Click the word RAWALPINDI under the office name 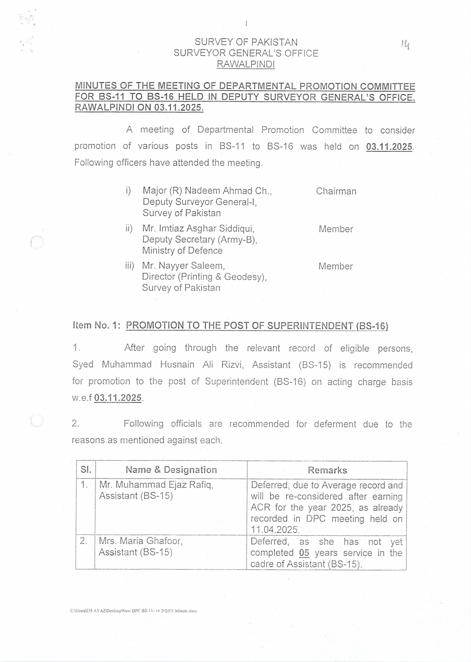tap(246, 64)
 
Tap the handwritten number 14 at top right tap(405, 45)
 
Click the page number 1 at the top tap(246, 24)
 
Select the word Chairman tap(336, 191)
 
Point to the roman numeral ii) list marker tap(129, 228)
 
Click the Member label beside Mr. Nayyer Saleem tap(335, 266)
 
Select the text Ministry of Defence tap(182, 250)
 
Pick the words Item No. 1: tap(97, 325)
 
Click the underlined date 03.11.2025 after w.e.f tap(118, 398)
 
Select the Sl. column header tap(86, 470)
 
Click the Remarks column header tap(327, 470)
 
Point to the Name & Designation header tap(171, 470)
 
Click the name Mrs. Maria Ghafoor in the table tap(141, 541)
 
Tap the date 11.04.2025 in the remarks tap(275, 530)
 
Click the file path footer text tap(133, 611)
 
